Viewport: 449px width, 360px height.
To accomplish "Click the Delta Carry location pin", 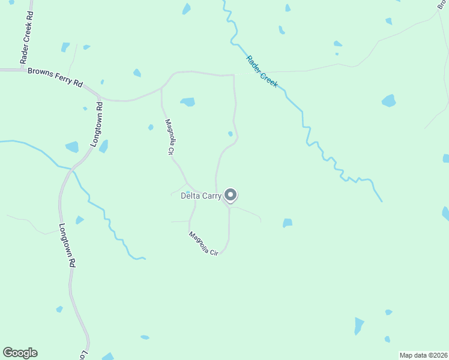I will coord(231,194).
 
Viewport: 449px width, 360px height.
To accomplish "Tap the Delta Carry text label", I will coord(200,195).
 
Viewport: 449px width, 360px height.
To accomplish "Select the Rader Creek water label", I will coord(262,71).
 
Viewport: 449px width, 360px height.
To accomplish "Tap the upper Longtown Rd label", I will coord(97,124).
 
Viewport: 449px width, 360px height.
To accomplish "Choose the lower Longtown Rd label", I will coord(67,245).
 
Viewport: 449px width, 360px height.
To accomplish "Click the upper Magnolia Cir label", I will coord(169,137).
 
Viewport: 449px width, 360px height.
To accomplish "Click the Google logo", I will coord(20,353).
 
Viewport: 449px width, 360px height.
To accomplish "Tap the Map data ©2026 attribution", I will coord(423,355).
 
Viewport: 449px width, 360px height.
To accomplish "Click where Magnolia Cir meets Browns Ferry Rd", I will coord(162,89).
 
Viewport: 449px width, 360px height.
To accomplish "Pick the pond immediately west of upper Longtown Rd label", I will coord(72,146).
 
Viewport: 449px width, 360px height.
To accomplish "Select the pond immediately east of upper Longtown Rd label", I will coord(104,146).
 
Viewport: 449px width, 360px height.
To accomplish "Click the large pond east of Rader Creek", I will coord(389,100).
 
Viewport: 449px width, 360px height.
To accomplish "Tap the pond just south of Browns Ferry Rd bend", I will coord(188,102).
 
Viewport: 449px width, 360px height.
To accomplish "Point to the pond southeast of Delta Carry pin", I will coord(288,223).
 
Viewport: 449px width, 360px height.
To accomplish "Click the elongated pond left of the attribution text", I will coord(359,325).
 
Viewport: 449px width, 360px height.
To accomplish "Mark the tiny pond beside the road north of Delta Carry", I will coord(231,133).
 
